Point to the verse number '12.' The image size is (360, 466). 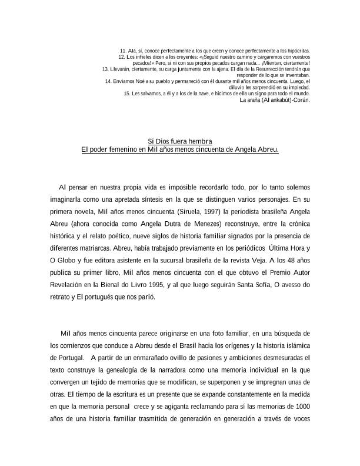[x=122, y=57]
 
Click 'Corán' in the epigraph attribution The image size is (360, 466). [x=300, y=99]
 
